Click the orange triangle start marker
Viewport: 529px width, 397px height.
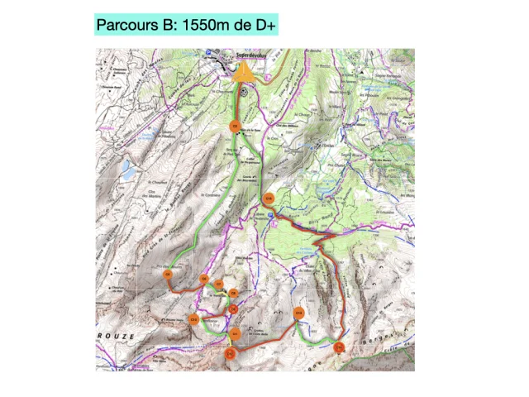243,74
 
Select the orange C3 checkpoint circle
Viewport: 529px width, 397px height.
235,127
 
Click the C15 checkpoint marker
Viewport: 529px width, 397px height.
269,198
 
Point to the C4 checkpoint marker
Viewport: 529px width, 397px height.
168,274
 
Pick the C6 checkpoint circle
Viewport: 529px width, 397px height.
204,278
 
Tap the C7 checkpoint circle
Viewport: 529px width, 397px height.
218,285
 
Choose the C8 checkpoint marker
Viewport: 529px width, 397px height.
234,293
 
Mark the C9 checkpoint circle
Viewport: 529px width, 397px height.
234,309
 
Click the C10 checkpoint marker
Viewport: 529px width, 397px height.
194,318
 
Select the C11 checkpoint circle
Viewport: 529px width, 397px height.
235,334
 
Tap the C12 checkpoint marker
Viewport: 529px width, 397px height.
230,353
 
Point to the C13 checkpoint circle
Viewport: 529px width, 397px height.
298,313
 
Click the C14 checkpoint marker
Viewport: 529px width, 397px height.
339,347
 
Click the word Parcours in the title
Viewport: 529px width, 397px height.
126,26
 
